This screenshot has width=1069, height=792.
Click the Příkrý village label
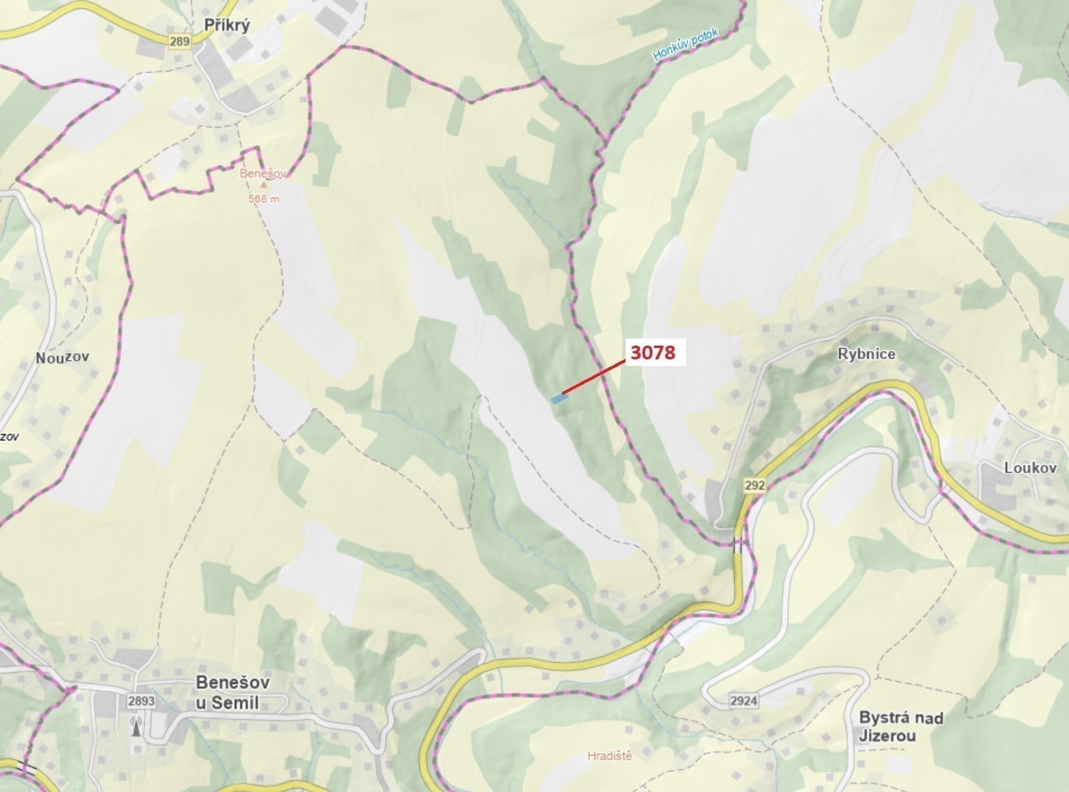(x=226, y=25)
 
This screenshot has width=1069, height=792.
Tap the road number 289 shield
(x=179, y=41)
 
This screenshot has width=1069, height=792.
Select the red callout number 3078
(x=653, y=352)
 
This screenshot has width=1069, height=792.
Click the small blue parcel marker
(x=558, y=399)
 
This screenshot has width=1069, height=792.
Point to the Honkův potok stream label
(x=686, y=45)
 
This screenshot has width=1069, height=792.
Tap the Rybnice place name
(x=866, y=354)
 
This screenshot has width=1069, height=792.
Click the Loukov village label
(x=1030, y=468)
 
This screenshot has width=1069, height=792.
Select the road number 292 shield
(x=754, y=485)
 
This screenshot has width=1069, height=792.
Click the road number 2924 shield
(x=744, y=700)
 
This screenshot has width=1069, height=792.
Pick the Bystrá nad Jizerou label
(x=900, y=726)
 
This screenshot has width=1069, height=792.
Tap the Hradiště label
(x=610, y=756)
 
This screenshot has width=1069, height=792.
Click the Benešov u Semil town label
(x=232, y=692)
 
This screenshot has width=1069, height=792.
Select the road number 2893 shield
(x=141, y=701)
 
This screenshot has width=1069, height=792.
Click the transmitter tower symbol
(x=136, y=727)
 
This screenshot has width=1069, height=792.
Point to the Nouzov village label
(x=63, y=358)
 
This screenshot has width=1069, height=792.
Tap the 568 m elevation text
(x=263, y=198)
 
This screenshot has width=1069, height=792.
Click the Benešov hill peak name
(x=263, y=174)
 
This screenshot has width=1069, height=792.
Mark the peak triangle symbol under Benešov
(x=263, y=185)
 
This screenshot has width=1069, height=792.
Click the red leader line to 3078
(x=593, y=377)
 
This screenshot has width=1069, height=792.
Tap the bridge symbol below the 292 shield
(x=739, y=545)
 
